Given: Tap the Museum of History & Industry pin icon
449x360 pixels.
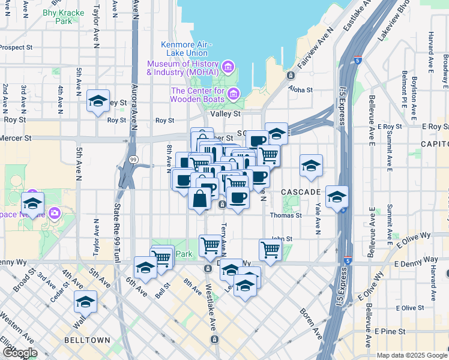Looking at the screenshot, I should (228, 65).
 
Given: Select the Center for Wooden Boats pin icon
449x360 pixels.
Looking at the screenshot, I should (233, 93).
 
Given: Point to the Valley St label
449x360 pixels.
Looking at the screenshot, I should (225, 113).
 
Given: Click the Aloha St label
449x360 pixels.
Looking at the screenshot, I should (301, 90).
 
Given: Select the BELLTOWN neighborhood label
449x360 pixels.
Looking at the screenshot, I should (88, 340).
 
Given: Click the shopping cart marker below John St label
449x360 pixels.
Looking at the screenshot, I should (270, 250).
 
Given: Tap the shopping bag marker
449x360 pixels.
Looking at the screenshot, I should (199, 199).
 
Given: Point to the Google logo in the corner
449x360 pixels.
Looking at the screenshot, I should (20, 353).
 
